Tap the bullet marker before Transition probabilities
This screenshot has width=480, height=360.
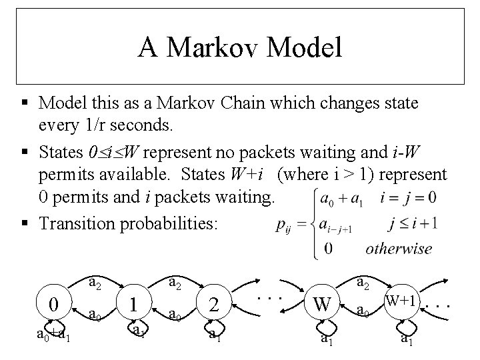point(24,222)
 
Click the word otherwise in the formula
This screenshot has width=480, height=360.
point(398,249)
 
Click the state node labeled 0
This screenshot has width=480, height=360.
point(54,304)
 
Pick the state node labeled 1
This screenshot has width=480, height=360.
point(135,304)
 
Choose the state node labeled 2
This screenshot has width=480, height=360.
point(214,304)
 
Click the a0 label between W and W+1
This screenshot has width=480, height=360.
point(362,310)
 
